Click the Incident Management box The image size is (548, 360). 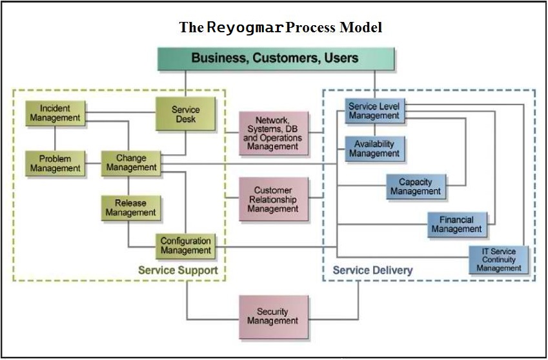click(x=55, y=113)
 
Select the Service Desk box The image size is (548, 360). click(x=185, y=115)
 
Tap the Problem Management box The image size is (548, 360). click(x=55, y=163)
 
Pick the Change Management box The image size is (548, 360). click(x=131, y=163)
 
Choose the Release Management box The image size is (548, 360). click(x=131, y=208)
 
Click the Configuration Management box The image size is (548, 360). click(x=185, y=245)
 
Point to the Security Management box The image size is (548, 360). click(x=272, y=316)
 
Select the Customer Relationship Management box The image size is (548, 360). click(x=272, y=199)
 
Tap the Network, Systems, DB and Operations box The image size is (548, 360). click(x=272, y=133)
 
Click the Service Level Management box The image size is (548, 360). click(x=374, y=111)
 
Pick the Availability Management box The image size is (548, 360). click(x=374, y=148)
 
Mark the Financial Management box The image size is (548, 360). click(x=456, y=225)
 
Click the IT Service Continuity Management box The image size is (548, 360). click(x=498, y=260)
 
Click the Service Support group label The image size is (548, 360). click(x=178, y=270)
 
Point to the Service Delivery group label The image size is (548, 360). click(x=372, y=270)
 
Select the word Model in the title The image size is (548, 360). click(x=363, y=28)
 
